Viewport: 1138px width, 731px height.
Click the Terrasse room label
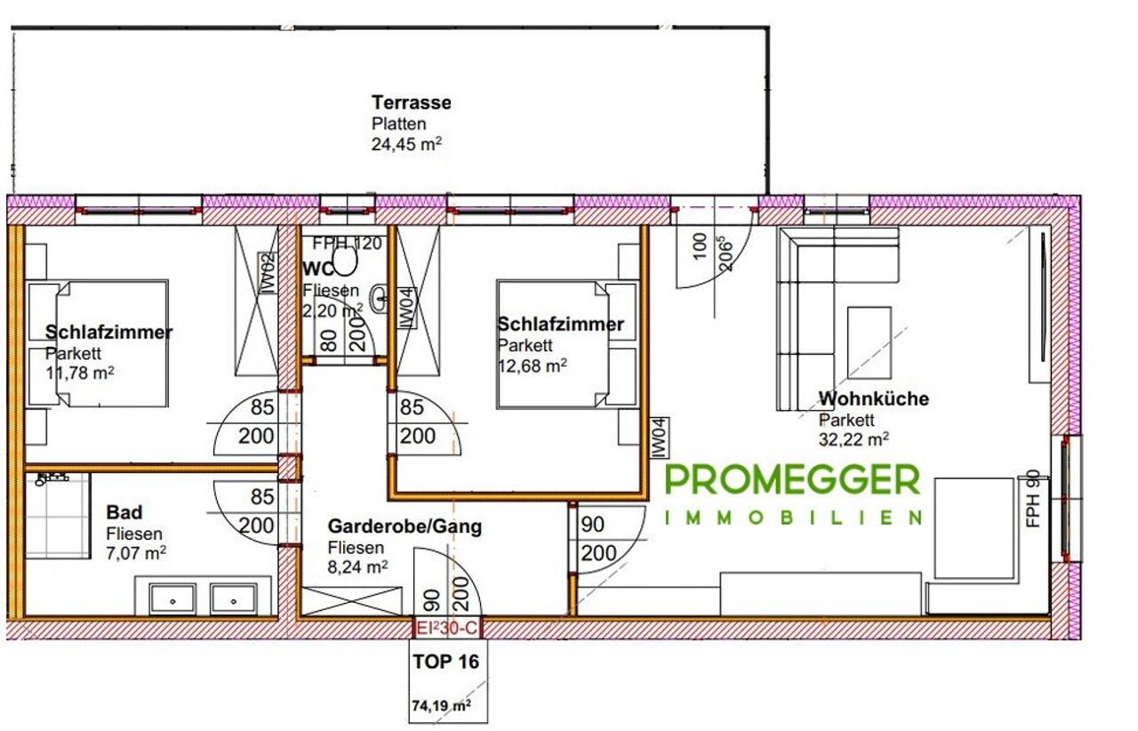tap(411, 102)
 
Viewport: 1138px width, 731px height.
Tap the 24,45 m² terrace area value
tap(406, 144)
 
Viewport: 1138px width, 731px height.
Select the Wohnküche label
tap(873, 398)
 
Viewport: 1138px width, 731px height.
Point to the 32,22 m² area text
tap(853, 439)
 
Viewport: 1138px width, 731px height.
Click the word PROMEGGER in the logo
tap(792, 480)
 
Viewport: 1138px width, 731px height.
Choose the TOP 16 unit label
tap(445, 662)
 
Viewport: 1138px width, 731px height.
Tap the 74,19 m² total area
tap(441, 705)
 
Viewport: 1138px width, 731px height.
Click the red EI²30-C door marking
tap(446, 629)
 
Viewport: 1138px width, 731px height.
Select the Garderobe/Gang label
tap(405, 526)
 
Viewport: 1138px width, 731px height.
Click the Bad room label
tap(124, 512)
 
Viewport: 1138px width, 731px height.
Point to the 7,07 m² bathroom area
tap(136, 552)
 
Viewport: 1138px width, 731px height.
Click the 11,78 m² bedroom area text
tap(80, 374)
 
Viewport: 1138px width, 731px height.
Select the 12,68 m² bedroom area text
tap(532, 365)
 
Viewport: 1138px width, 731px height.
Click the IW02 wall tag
tap(268, 274)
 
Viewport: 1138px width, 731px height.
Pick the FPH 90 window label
tap(1033, 500)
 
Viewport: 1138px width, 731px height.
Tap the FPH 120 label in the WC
tap(347, 244)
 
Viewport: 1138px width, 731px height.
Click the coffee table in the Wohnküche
tap(869, 342)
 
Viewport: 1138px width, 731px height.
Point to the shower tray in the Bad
tap(57, 516)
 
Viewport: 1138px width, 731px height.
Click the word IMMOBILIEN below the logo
tap(794, 518)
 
